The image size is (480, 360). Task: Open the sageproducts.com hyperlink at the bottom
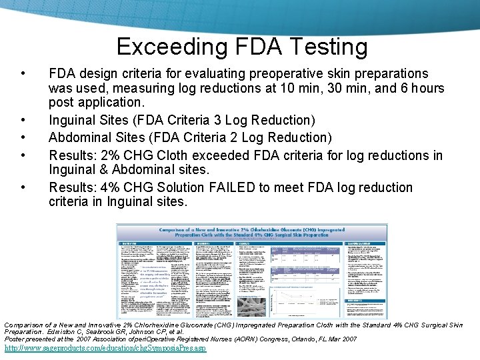(x=105, y=349)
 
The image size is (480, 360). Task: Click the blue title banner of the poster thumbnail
(x=252, y=232)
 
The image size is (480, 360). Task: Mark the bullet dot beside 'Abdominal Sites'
(x=24, y=138)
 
